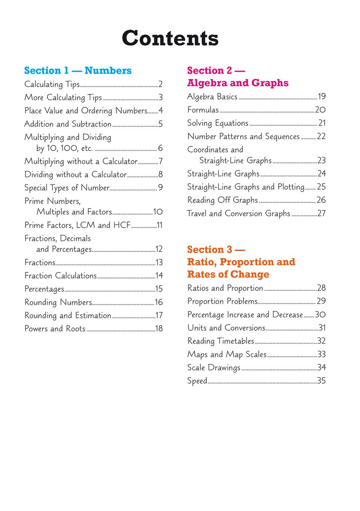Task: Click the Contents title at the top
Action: tap(170, 38)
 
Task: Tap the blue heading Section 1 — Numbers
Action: tap(78, 71)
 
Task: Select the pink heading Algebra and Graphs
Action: tap(237, 83)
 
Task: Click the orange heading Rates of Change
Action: tap(228, 275)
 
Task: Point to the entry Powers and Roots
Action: tap(55, 329)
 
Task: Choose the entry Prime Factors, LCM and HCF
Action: tap(77, 225)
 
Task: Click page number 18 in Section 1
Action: tap(159, 329)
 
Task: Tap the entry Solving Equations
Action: tap(218, 123)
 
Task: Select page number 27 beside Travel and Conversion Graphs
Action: tap(321, 213)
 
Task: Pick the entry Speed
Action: tap(197, 381)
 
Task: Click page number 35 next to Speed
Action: tap(321, 381)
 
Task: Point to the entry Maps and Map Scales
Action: tap(227, 354)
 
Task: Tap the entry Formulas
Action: tap(203, 110)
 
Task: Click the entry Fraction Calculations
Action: tap(61, 276)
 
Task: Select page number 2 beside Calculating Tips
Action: tap(160, 84)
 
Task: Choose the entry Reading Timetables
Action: tap(221, 341)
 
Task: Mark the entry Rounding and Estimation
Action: tap(68, 316)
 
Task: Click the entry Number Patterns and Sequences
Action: tap(244, 136)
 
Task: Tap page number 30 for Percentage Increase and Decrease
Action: tap(320, 314)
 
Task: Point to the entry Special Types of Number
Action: tap(67, 188)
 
